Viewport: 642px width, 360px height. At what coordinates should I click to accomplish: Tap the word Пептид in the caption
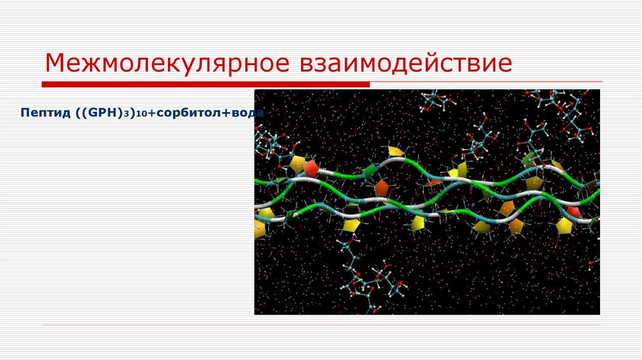click(41, 114)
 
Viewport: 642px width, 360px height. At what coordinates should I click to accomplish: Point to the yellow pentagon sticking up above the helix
click(396, 151)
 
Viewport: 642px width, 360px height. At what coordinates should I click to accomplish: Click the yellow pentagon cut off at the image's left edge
click(259, 229)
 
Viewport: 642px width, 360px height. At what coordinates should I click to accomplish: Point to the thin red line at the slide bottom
click(321, 325)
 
